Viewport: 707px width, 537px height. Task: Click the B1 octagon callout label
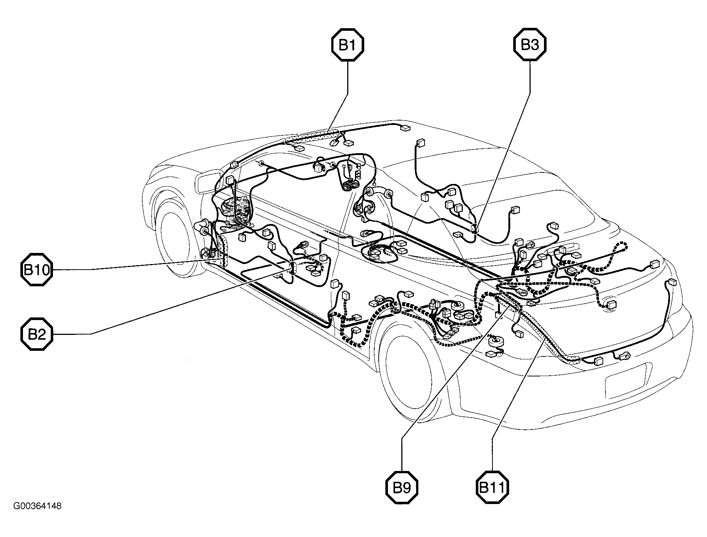coord(348,45)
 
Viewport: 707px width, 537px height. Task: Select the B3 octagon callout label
coord(530,45)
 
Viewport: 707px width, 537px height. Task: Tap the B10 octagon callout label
coord(36,270)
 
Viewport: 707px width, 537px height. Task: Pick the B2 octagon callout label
coord(36,334)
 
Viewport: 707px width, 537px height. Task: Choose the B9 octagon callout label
coord(402,487)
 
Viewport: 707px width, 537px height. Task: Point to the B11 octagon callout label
coord(492,487)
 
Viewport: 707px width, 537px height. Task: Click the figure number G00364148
coord(37,506)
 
